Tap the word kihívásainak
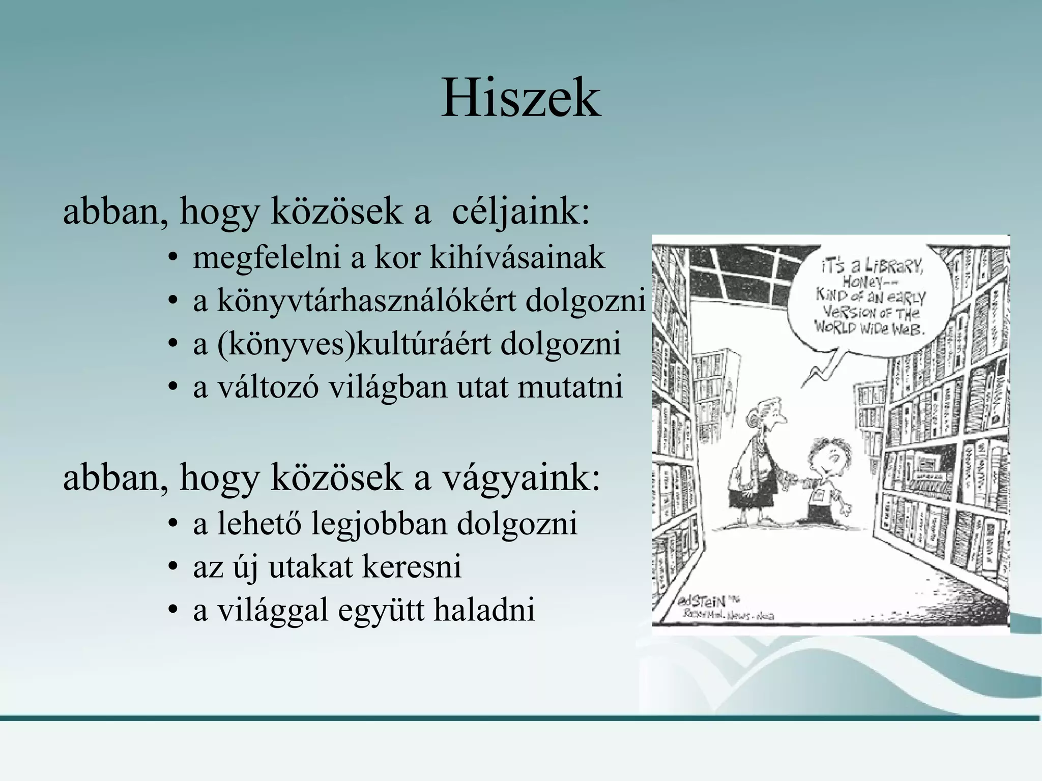point(517,258)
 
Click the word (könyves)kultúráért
point(353,344)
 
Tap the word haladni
point(484,610)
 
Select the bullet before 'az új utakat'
point(173,568)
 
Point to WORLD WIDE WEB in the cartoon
point(870,326)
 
